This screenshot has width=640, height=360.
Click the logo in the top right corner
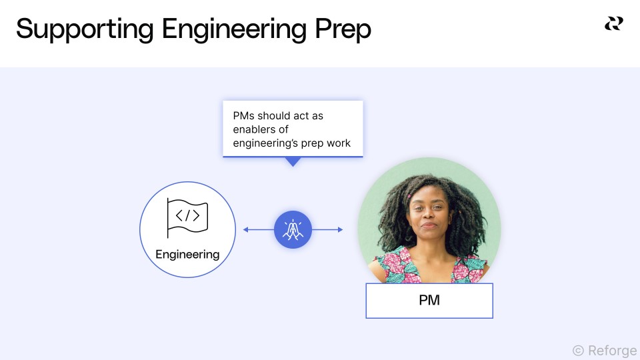613,24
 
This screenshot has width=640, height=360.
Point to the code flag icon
187,218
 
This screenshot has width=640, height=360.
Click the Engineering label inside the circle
187,254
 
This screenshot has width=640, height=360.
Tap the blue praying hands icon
293,230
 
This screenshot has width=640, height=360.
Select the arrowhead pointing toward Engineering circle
246,230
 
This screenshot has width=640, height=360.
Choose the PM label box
429,301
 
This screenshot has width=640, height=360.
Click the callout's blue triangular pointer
293,161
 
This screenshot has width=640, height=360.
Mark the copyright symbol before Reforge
578,350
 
